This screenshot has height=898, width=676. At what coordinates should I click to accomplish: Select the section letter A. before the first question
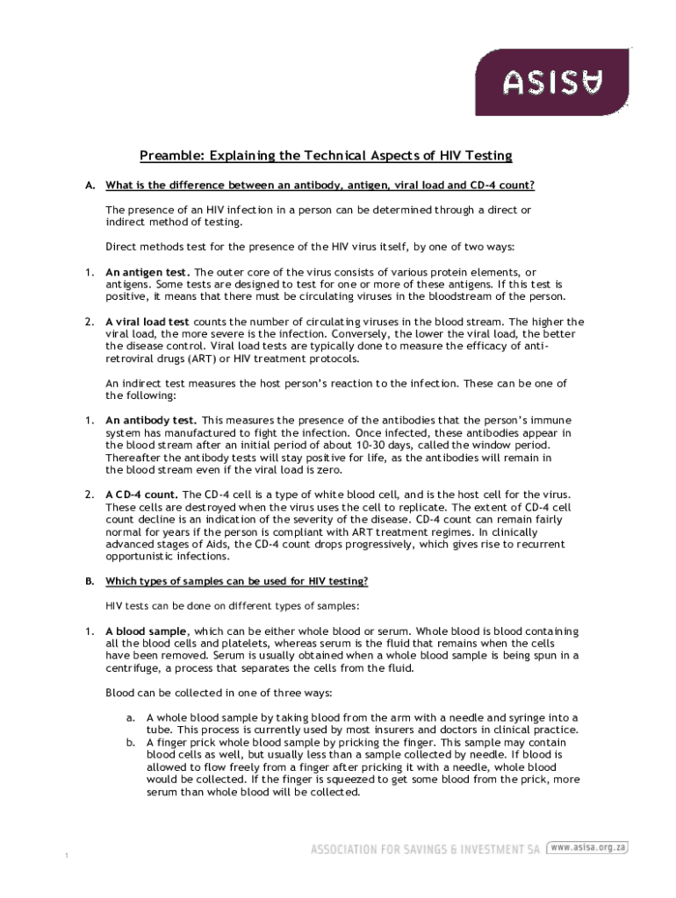90,186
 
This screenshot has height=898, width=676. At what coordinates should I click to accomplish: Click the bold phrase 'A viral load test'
147,322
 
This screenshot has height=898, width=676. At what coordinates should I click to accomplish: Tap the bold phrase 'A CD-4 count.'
142,495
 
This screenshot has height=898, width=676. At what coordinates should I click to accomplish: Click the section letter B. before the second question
90,581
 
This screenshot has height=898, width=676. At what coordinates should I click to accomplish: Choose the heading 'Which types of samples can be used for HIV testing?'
237,581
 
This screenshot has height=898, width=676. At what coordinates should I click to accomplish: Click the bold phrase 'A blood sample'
146,631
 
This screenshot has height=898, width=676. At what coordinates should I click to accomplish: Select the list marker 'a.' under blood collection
130,716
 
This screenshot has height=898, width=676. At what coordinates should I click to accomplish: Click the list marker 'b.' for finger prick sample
130,741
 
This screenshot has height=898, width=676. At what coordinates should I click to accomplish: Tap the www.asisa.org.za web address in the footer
588,848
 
